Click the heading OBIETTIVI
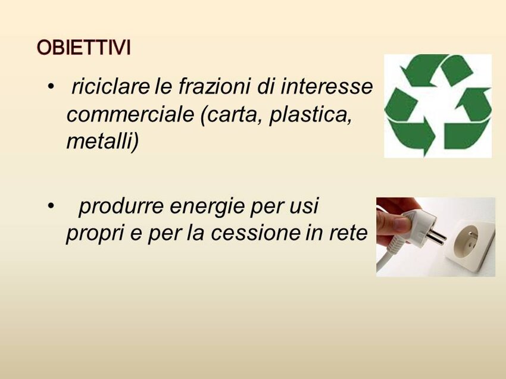tap(83, 48)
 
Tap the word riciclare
tap(111, 86)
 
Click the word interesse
tap(327, 86)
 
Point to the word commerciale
tap(130, 114)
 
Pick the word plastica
tap(310, 114)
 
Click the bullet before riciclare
tap(51, 86)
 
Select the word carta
tap(235, 114)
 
